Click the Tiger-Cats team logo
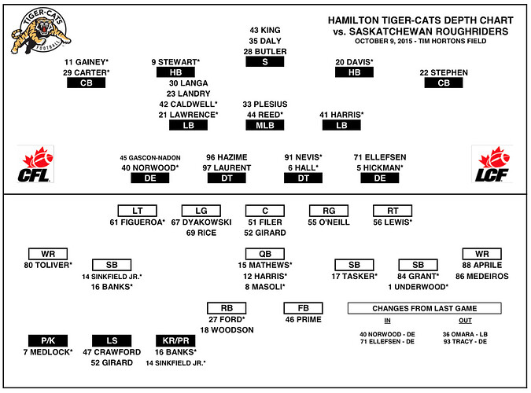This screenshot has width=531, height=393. [x=39, y=32]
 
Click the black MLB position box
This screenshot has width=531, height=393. [x=265, y=125]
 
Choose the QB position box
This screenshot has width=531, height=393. [x=265, y=254]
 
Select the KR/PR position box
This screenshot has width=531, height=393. [x=175, y=340]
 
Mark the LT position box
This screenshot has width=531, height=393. [x=137, y=211]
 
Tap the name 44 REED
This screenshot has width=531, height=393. [x=265, y=115]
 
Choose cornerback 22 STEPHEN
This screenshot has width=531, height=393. [x=444, y=73]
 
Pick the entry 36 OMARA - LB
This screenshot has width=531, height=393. [x=470, y=333]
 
